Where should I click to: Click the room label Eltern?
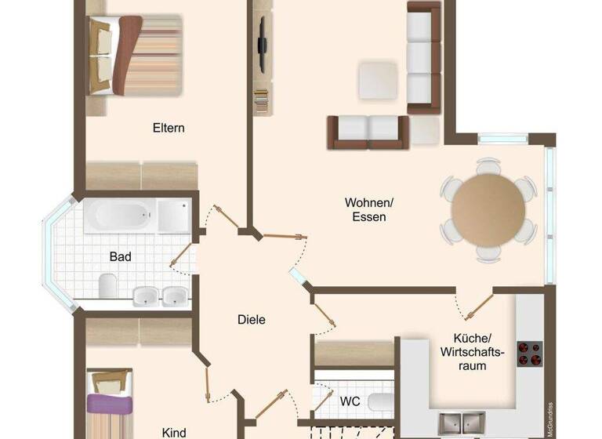(169, 128)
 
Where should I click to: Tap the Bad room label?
(120, 256)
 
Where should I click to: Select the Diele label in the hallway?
(252, 319)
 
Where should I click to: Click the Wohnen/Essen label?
(368, 209)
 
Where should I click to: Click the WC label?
(350, 401)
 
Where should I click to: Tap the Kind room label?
(174, 432)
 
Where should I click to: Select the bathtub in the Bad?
(120, 215)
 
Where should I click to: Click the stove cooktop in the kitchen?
(530, 354)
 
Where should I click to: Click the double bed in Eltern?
(133, 55)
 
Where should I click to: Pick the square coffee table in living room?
(378, 80)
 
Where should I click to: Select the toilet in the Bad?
(107, 285)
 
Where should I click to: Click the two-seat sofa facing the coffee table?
(368, 131)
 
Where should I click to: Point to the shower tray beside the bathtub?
(174, 215)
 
